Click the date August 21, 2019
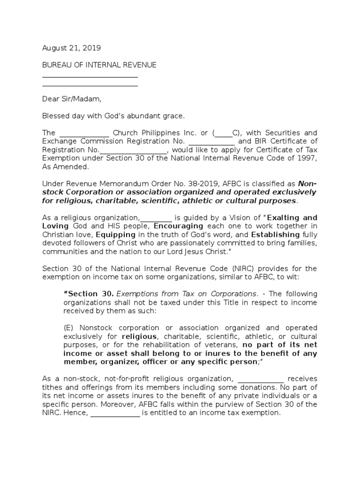click(x=71, y=48)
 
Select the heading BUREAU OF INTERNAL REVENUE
click(x=99, y=65)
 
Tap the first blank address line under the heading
click(x=90, y=76)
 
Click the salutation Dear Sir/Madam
click(x=71, y=99)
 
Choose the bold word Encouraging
click(x=179, y=226)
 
